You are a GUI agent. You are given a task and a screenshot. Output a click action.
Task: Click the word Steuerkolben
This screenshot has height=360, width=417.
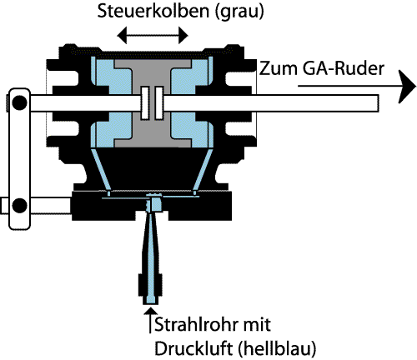tap(153, 11)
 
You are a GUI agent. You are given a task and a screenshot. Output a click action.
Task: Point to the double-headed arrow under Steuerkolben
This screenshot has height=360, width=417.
tap(153, 35)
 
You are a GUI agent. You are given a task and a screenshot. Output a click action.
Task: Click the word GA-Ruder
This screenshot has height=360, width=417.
tap(344, 68)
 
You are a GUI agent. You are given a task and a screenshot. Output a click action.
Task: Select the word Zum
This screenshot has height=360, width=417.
tap(279, 68)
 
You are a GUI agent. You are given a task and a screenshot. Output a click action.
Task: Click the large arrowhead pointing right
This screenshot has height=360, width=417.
tap(407, 87)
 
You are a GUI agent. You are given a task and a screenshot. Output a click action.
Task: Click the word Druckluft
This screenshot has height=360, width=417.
tap(193, 348)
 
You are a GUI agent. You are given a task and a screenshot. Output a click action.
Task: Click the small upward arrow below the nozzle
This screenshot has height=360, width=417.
tap(150, 320)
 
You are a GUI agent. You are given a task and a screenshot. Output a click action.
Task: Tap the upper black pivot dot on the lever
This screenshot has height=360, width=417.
tap(19, 102)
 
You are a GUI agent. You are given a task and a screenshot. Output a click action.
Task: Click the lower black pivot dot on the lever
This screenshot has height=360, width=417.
tap(19, 205)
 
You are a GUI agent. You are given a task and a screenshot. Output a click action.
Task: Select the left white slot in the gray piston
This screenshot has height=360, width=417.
tap(145, 103)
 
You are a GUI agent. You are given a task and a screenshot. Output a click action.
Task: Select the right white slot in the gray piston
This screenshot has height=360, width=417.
tap(159, 103)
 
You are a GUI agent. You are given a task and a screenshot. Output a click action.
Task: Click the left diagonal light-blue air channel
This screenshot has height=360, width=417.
tap(101, 171)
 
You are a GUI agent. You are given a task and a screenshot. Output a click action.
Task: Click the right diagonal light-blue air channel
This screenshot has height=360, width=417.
tap(203, 171)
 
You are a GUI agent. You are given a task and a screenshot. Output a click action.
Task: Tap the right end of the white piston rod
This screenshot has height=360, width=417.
tap(378, 103)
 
